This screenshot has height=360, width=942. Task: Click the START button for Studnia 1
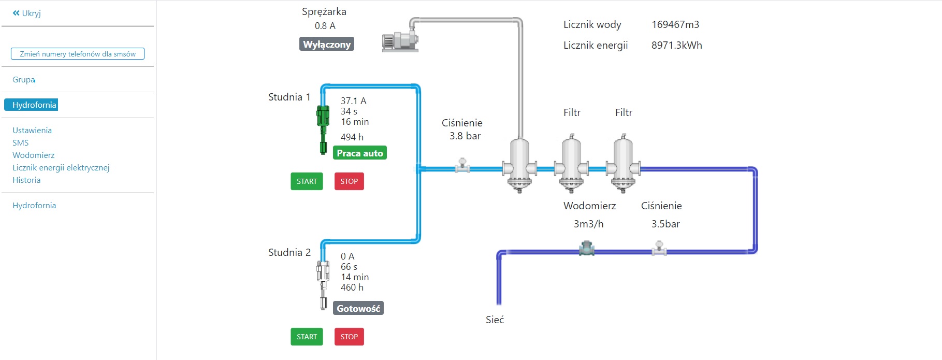click(307, 181)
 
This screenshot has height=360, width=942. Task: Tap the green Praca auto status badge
click(360, 153)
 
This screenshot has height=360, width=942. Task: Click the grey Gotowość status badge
click(358, 308)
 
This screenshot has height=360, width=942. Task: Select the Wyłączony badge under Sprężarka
click(327, 44)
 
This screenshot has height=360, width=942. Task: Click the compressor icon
click(400, 40)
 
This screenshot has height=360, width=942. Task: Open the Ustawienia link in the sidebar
click(32, 131)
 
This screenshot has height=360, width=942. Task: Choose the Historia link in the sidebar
click(26, 180)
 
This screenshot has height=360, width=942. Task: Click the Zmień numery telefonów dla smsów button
click(78, 54)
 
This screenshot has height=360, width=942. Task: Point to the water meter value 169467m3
click(675, 24)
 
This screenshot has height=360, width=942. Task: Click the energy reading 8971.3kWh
click(676, 45)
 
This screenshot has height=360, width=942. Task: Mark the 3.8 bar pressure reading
click(465, 136)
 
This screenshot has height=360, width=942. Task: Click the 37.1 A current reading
click(353, 101)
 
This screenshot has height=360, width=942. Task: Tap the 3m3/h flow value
click(588, 224)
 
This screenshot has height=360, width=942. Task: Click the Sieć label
click(495, 320)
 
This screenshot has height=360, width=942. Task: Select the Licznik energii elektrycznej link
click(61, 168)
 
